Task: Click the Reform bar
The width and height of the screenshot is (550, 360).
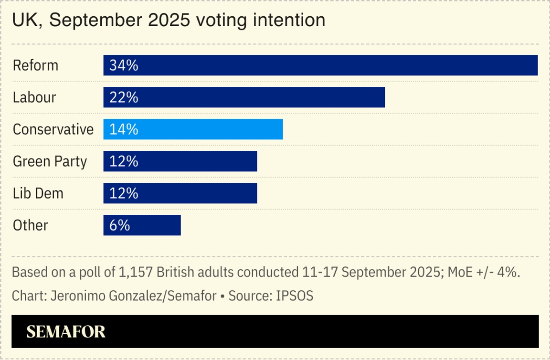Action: [x=320, y=65]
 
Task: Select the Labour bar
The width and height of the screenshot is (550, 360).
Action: [x=244, y=97]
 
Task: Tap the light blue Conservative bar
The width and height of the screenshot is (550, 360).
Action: [x=193, y=129]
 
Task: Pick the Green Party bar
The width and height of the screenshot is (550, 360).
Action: [x=180, y=161]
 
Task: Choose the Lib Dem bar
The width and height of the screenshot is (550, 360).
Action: [x=180, y=193]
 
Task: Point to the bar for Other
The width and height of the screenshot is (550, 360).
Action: [x=142, y=225]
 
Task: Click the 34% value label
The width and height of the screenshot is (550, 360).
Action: [x=124, y=65]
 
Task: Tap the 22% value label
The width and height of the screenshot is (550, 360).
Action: [x=124, y=97]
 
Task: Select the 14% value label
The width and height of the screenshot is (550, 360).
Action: [x=124, y=129]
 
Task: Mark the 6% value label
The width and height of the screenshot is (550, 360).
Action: [x=120, y=225]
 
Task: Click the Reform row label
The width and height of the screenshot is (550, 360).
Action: [x=35, y=65]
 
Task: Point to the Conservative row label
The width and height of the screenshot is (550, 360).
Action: [x=53, y=129]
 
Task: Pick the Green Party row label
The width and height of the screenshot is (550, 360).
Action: [x=50, y=161]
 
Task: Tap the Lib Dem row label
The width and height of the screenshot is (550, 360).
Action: [x=38, y=193]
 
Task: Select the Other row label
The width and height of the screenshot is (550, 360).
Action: [x=31, y=225]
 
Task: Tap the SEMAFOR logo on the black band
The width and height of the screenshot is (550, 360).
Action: [x=66, y=332]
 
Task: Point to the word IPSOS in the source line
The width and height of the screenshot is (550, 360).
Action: [x=295, y=296]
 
